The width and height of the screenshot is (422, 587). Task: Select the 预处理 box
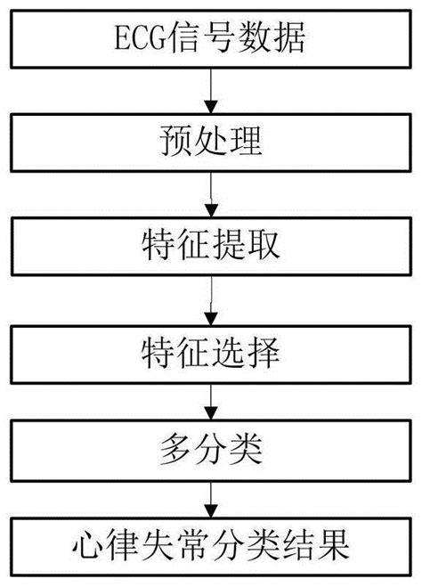(211, 142)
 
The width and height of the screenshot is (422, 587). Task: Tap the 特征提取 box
(211, 244)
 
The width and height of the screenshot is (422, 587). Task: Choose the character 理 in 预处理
(248, 142)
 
